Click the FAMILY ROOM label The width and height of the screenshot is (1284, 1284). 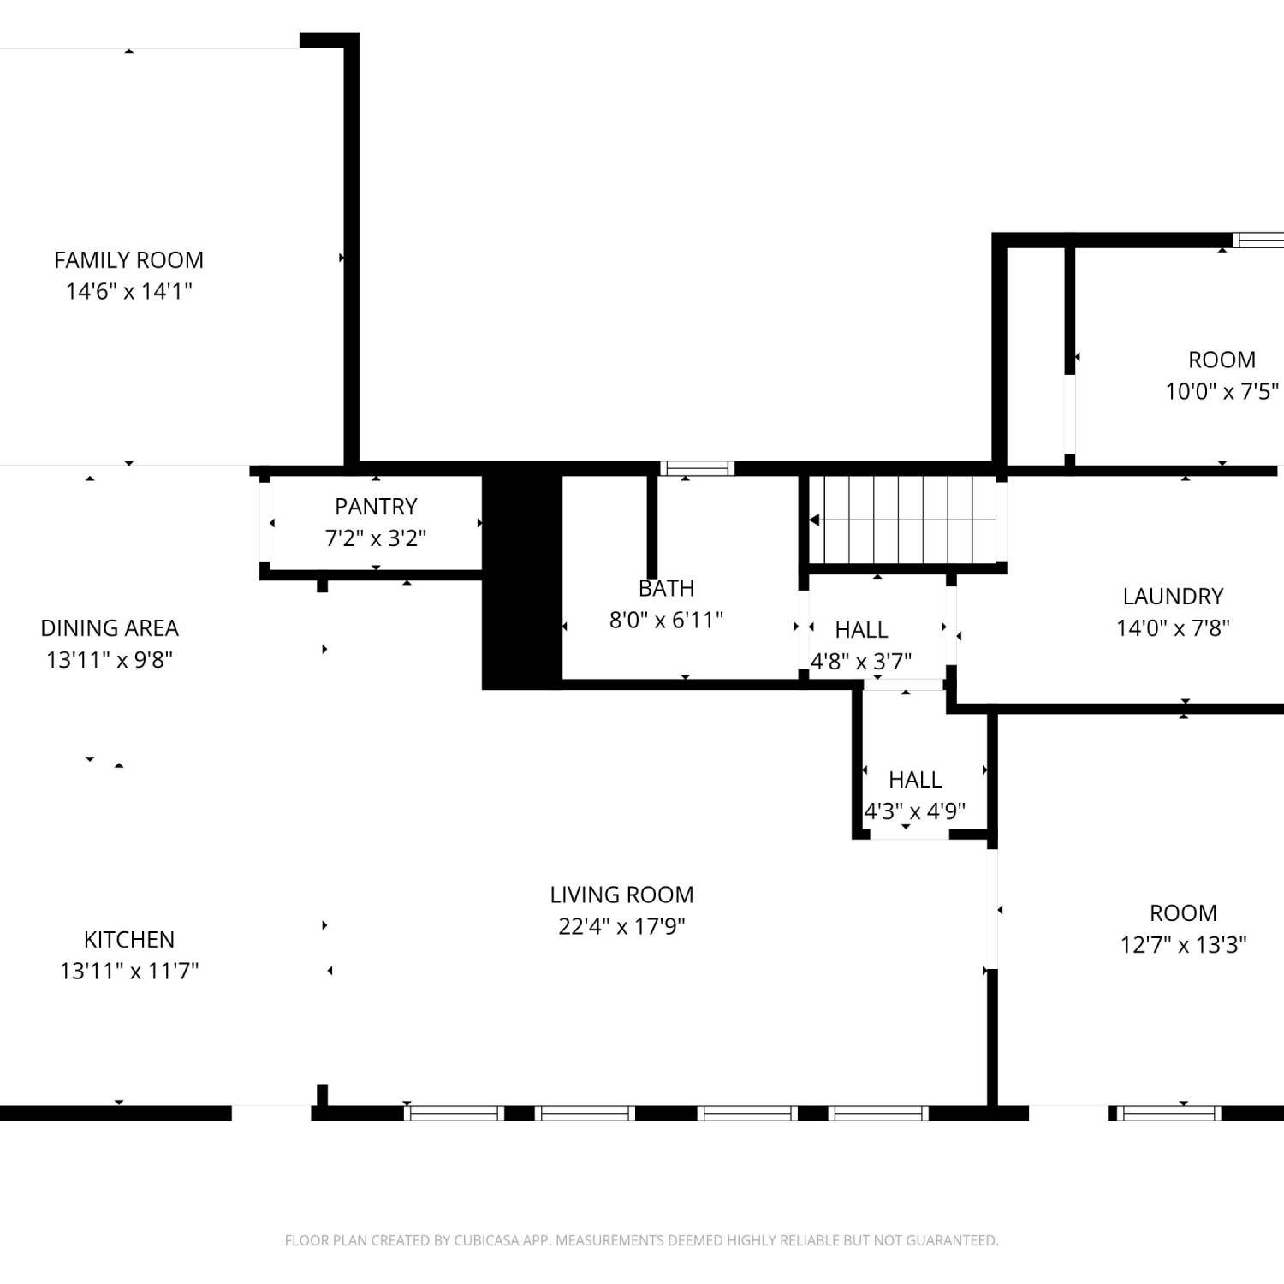coord(128,260)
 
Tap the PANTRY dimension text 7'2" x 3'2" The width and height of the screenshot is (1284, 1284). coord(376,538)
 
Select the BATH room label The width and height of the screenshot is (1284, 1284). coord(666,589)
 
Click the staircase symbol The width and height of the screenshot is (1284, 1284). coord(903,520)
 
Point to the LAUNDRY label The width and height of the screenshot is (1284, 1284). coord(1173,597)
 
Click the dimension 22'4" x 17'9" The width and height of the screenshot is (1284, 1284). coord(621,926)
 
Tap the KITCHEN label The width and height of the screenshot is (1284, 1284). coord(129,940)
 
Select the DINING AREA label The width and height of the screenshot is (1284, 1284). coord(110,628)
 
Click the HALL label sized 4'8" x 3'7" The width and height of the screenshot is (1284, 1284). coord(861,630)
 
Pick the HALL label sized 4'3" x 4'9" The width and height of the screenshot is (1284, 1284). coord(915,780)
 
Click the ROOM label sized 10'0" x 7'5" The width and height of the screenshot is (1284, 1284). coord(1222,360)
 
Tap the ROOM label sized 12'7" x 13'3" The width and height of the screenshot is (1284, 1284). coord(1183,913)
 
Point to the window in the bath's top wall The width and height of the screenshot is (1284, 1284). coord(697,468)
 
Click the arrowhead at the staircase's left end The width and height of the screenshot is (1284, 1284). coord(814,520)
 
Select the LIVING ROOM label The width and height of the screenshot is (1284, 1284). coord(621,895)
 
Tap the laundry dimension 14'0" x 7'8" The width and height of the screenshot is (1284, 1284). coord(1173,628)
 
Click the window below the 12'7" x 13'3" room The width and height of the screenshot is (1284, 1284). coord(1169,1114)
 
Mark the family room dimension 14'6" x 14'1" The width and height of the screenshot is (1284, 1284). coord(128,291)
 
